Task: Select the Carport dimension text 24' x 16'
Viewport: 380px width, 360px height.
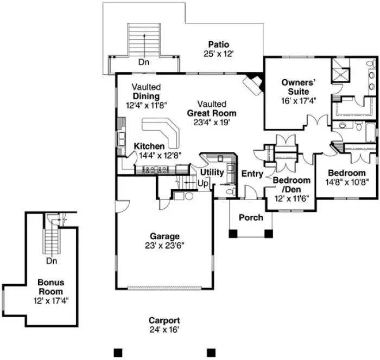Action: click(164, 329)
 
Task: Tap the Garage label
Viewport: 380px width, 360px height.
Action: click(164, 236)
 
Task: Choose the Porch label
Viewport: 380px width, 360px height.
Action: click(251, 217)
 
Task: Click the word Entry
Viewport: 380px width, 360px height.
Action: click(252, 174)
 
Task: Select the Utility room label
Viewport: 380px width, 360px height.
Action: click(212, 172)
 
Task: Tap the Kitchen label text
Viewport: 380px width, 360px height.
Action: click(149, 146)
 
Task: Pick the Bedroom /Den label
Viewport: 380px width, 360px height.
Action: click(292, 184)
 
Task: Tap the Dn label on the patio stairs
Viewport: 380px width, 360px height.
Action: click(143, 62)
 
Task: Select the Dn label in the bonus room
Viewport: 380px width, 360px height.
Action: click(52, 261)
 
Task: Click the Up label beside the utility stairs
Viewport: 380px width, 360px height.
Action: click(203, 184)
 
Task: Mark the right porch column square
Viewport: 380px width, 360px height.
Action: click(268, 234)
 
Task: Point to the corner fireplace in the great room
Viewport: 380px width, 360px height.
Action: click(252, 82)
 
